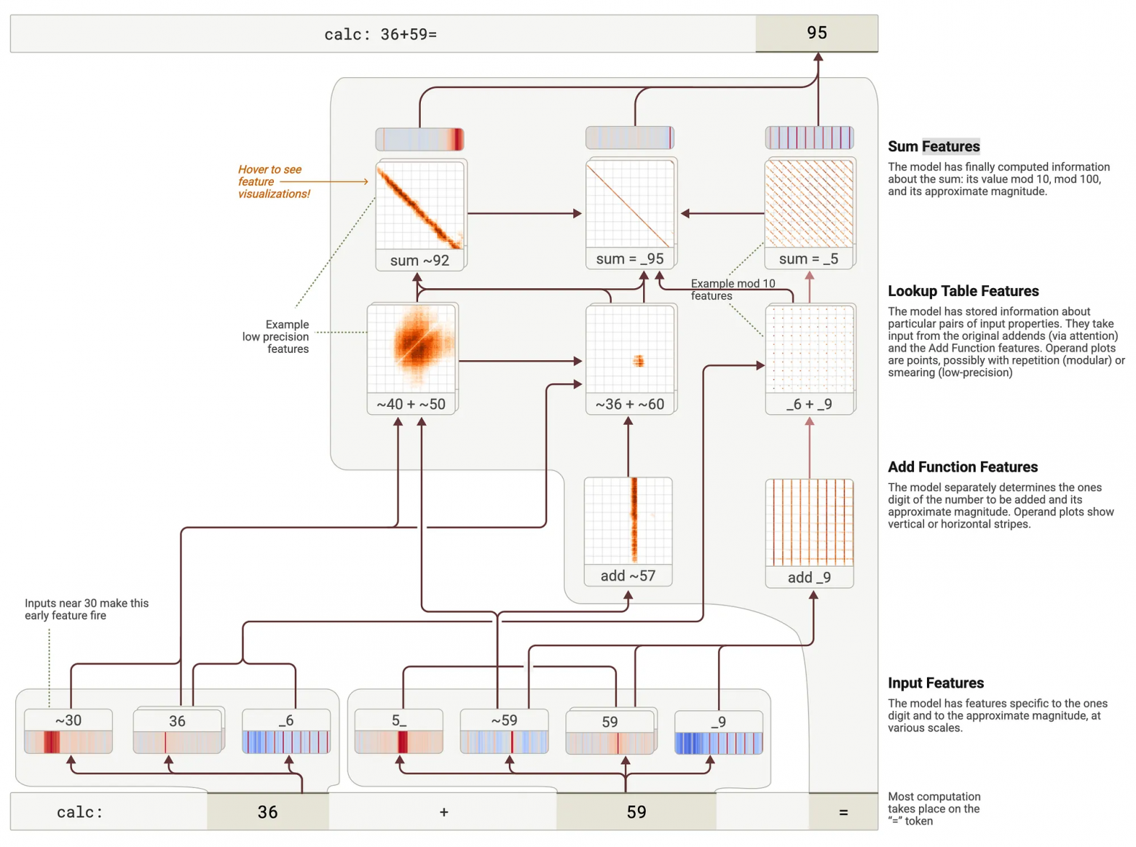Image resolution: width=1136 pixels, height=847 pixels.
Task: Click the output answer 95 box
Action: click(x=816, y=33)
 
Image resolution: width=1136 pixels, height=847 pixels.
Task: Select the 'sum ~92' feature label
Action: click(x=419, y=261)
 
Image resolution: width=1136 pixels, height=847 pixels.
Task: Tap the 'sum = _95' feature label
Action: click(x=630, y=259)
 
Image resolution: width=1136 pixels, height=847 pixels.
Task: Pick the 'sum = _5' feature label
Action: click(x=808, y=259)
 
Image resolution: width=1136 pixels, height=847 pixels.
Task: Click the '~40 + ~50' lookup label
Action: click(x=411, y=404)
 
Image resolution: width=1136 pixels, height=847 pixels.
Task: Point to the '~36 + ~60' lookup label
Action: click(x=630, y=404)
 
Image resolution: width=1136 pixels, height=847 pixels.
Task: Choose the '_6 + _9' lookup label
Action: click(x=809, y=404)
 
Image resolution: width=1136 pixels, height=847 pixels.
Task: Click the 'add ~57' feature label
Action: click(x=628, y=576)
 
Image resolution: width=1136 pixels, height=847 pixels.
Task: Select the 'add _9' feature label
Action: click(x=809, y=577)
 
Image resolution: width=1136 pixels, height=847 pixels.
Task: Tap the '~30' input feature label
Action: click(x=68, y=720)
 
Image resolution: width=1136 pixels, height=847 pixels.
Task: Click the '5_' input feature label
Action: click(x=399, y=720)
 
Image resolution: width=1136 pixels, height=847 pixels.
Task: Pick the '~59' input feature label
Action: click(x=504, y=720)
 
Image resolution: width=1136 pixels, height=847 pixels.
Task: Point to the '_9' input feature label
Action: click(x=719, y=722)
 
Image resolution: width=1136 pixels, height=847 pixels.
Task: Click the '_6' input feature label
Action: click(x=286, y=720)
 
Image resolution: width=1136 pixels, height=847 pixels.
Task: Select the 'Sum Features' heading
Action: click(x=934, y=146)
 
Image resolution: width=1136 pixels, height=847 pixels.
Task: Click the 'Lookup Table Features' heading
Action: click(x=963, y=291)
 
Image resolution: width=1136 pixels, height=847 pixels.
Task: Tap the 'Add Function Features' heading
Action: click(x=963, y=467)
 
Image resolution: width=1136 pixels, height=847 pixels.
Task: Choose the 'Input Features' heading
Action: click(x=936, y=683)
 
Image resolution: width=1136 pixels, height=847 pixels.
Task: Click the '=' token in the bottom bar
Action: click(x=843, y=812)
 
